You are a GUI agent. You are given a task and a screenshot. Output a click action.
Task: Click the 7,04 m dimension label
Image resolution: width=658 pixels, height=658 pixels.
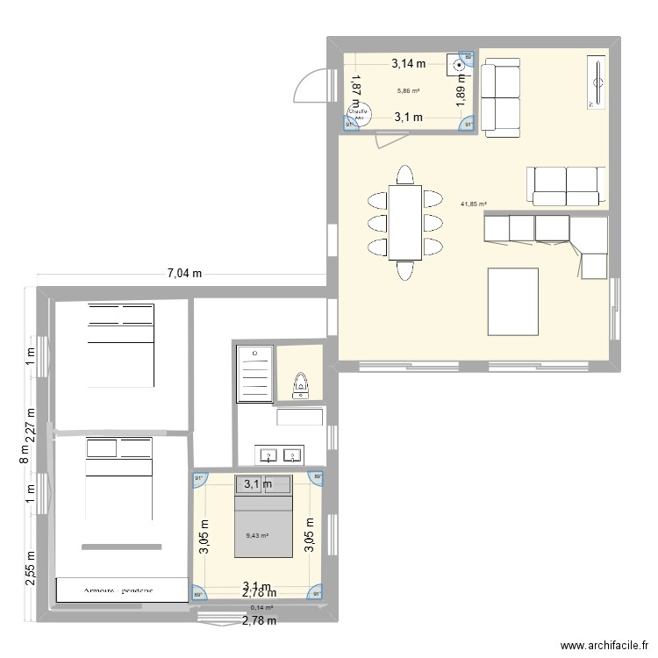(x=185, y=274)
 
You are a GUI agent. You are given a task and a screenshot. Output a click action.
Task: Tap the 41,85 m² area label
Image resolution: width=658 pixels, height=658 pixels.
(x=473, y=204)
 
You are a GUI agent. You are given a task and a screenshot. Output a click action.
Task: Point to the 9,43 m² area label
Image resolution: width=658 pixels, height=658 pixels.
(x=257, y=535)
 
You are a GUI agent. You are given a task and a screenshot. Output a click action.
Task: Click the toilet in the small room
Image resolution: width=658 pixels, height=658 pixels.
(x=301, y=383)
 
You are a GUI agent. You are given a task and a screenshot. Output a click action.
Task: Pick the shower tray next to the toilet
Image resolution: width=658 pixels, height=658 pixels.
(x=255, y=374)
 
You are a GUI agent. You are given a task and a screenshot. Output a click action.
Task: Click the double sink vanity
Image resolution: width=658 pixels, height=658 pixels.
(x=280, y=454)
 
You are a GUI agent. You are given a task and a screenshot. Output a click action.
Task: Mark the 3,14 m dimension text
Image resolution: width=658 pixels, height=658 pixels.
(x=408, y=63)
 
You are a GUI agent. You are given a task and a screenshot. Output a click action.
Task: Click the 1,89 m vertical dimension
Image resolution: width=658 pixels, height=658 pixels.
(x=461, y=89)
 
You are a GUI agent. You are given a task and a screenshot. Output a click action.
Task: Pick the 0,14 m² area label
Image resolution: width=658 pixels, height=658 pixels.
(x=261, y=607)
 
